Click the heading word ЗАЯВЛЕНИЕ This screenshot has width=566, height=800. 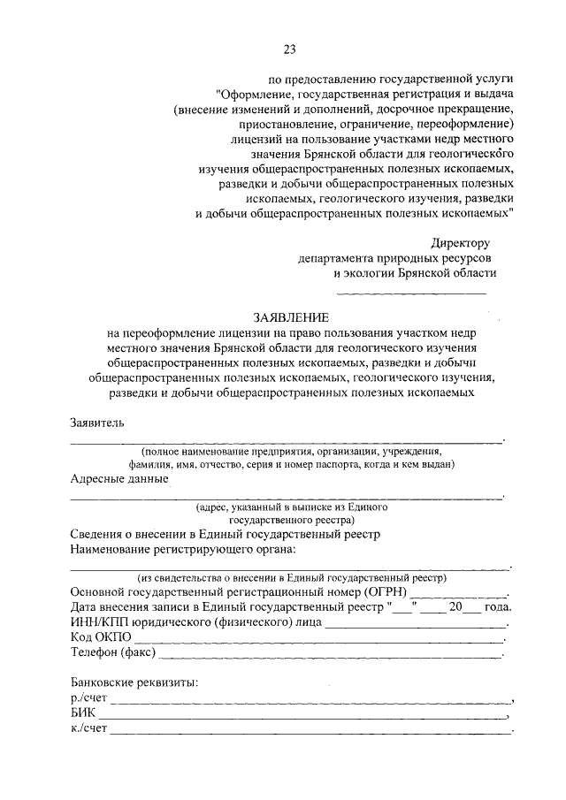[x=291, y=316]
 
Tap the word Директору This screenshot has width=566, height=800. [x=460, y=242]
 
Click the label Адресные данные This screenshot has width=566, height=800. [x=119, y=479]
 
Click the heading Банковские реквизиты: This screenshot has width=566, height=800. [x=134, y=682]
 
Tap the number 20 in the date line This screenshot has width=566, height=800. [x=455, y=607]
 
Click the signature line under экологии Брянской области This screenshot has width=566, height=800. [x=411, y=293]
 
